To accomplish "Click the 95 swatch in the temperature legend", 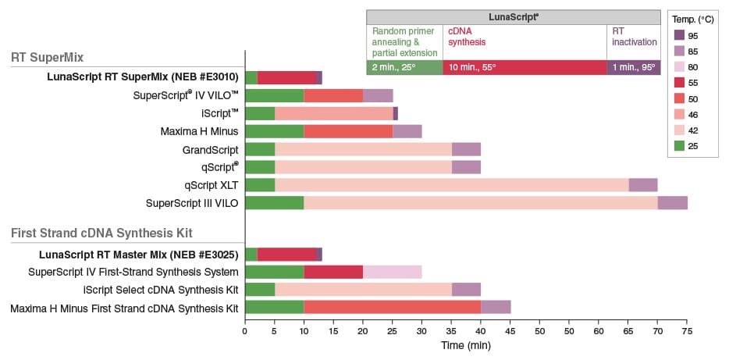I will pos(678,36).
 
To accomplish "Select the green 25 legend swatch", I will pos(678,144).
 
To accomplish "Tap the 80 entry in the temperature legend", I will pos(678,67).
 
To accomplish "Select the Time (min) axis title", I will pos(465,345).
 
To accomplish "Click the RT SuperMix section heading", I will pos(58,57).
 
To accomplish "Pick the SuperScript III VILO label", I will pos(192,203).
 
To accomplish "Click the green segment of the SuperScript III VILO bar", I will pos(275,203).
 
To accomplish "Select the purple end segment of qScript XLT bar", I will pos(642,185).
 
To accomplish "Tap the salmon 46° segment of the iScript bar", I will pos(333,113).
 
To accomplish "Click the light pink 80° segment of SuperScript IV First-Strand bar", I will pos(392,272).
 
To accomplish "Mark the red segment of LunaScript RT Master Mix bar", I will pos(286,254).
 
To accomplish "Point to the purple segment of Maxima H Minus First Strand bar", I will pos(496,308).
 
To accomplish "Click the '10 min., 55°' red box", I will pos(525,67).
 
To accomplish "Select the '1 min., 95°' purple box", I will pos(633,67).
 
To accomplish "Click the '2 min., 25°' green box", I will pos(404,67).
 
